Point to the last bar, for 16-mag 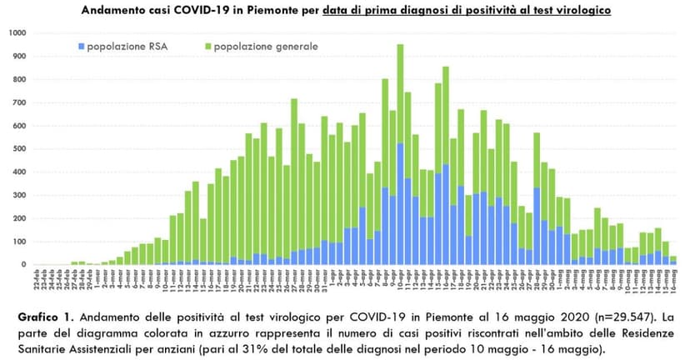coord(673,261)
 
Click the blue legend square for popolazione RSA coord(80,46)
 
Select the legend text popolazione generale coord(265,46)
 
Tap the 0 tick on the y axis coord(23,265)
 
